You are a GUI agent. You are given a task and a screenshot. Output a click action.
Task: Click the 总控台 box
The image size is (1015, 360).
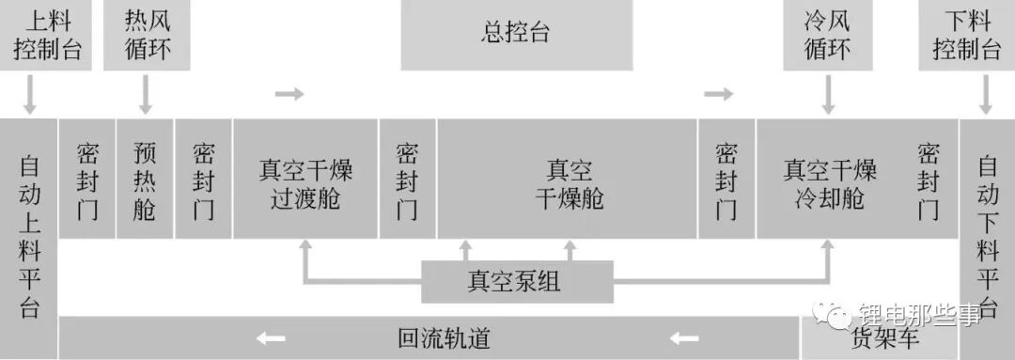coord(517,35)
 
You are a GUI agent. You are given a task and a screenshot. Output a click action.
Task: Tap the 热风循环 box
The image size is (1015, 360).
coord(147,35)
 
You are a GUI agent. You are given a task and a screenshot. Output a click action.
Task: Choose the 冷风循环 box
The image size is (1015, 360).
coord(827,35)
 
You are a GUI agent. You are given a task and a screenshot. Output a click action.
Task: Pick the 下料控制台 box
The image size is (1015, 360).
coord(966,35)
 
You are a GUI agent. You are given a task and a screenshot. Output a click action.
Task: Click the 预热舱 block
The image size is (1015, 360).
coord(145,179)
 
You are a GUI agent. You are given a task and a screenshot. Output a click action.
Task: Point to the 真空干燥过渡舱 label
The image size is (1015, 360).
coord(304,184)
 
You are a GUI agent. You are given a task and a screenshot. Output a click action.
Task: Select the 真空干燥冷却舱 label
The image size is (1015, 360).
coord(830,184)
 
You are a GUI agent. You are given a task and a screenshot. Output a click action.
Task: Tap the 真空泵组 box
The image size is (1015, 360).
coord(517,282)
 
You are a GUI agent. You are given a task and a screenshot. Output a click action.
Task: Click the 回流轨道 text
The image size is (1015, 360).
coord(444,338)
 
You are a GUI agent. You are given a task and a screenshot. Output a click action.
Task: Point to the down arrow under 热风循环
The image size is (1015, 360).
coord(146,95)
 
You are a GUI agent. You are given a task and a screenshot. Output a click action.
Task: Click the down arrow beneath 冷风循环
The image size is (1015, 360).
coord(828,95)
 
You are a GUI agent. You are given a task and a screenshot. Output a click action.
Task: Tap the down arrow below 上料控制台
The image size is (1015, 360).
coord(29,95)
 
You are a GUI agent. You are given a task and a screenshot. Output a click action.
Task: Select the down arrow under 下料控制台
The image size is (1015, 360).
coord(986,95)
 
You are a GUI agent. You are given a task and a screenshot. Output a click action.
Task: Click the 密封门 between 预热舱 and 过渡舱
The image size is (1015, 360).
coord(203,179)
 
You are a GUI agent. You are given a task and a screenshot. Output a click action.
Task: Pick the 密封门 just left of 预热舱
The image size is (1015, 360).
coord(86,179)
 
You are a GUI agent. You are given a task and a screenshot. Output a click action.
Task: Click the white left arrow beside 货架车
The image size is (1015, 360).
coord(684,338)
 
